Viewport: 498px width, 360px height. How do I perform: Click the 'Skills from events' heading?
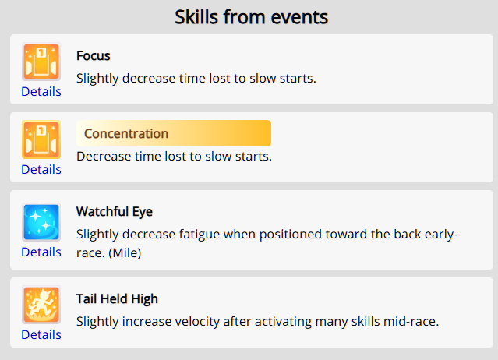coord(251,17)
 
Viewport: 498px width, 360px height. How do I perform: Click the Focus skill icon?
coord(41,62)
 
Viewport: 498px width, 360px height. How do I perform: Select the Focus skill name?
coord(93,56)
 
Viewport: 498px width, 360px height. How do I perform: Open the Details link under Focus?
coord(41,91)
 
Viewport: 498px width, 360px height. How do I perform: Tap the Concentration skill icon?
coord(41,139)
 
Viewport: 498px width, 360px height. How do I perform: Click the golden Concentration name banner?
coord(174,133)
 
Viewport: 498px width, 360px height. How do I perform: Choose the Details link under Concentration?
coord(41,170)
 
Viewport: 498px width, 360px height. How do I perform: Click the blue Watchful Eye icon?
coord(41,222)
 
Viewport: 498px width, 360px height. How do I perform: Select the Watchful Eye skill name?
coord(115,212)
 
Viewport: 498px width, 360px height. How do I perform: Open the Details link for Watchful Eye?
coord(41,252)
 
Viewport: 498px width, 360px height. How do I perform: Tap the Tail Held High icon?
coord(41,305)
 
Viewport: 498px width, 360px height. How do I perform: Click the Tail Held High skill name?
coord(117,299)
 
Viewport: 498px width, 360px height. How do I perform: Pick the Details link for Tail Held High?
coord(41,334)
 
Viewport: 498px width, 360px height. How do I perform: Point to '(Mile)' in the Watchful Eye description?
coord(125,253)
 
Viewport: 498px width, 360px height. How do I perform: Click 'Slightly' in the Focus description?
coord(97,79)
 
